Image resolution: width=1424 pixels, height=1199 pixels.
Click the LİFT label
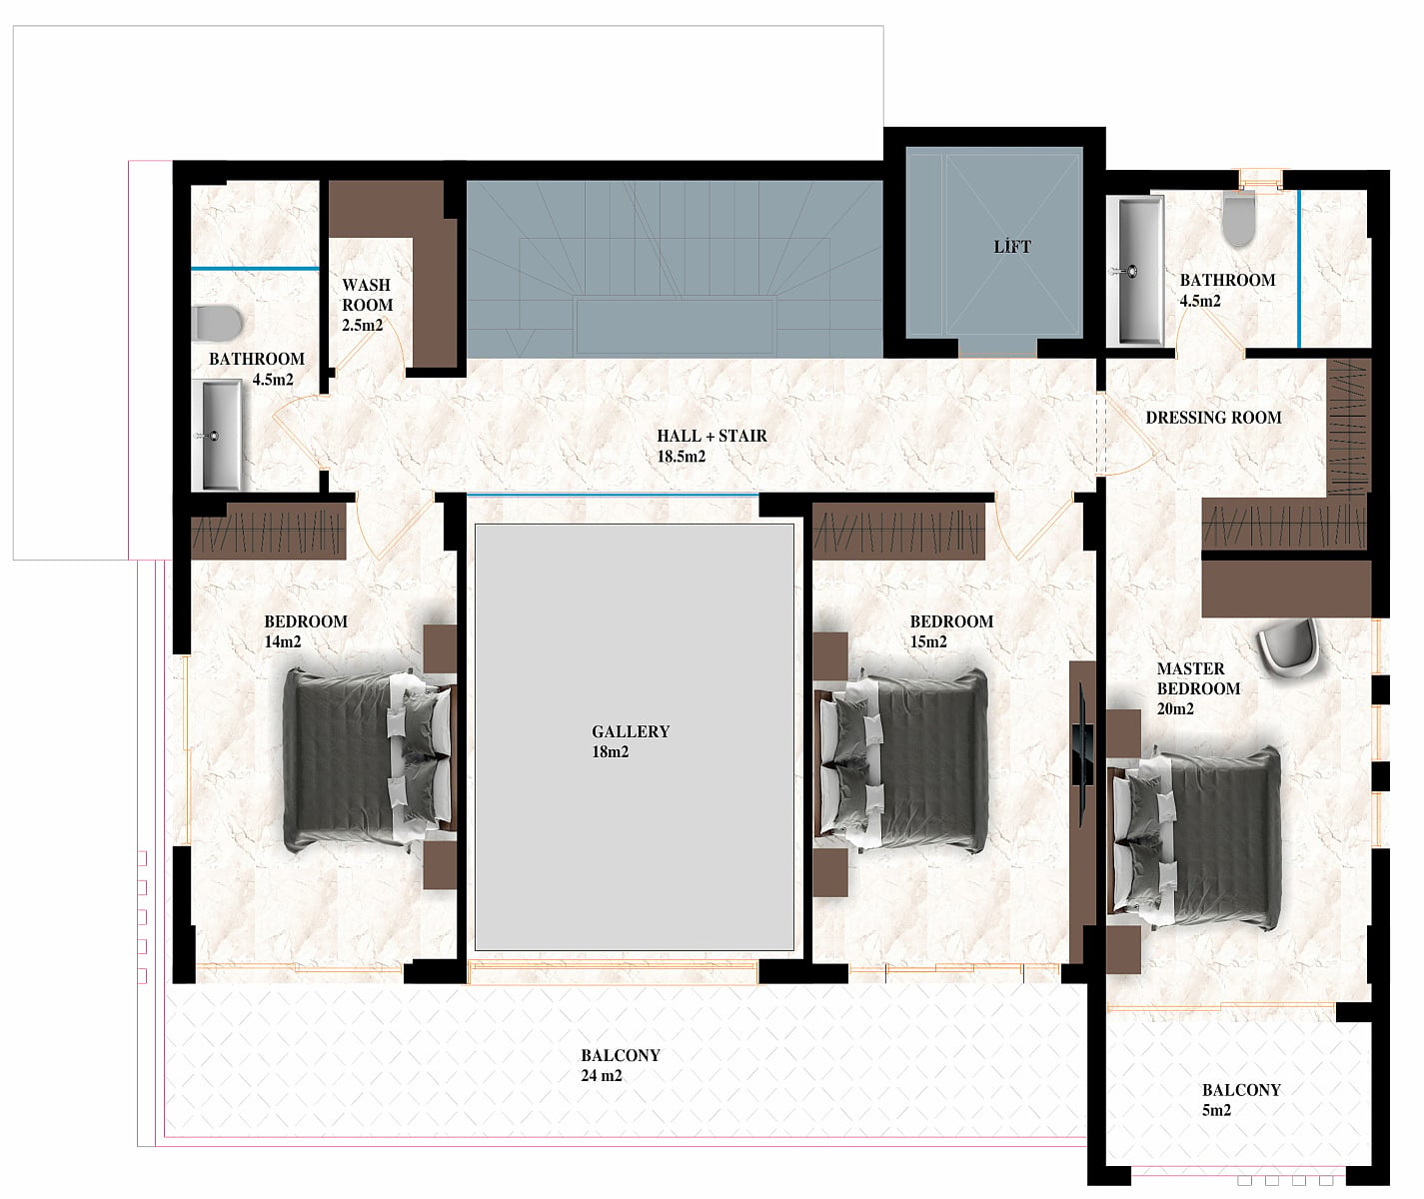(1012, 246)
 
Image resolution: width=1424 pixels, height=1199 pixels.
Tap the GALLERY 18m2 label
(631, 741)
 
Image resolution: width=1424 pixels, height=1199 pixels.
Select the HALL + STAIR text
(712, 436)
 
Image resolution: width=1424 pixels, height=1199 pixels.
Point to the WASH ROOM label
(367, 295)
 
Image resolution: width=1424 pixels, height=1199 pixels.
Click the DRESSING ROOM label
(1213, 418)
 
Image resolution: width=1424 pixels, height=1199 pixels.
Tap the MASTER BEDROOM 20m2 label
(1198, 688)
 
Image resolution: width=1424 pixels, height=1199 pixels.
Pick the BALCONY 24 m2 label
(620, 1065)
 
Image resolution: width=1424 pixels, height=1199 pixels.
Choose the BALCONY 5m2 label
(1241, 1100)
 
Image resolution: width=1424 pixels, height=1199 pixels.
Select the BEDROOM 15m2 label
(951, 630)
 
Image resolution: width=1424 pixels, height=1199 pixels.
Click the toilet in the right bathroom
(1239, 218)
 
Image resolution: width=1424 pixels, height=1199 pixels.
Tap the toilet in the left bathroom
(217, 323)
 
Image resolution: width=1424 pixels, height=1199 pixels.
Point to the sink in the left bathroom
(217, 435)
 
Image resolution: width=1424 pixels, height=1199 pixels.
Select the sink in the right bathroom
(1135, 271)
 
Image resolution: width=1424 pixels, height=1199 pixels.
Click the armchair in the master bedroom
(1288, 646)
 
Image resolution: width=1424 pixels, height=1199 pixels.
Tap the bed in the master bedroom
(1197, 839)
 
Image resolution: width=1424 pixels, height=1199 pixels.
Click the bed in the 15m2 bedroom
(902, 759)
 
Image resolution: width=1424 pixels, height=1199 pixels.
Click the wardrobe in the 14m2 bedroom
(268, 532)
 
